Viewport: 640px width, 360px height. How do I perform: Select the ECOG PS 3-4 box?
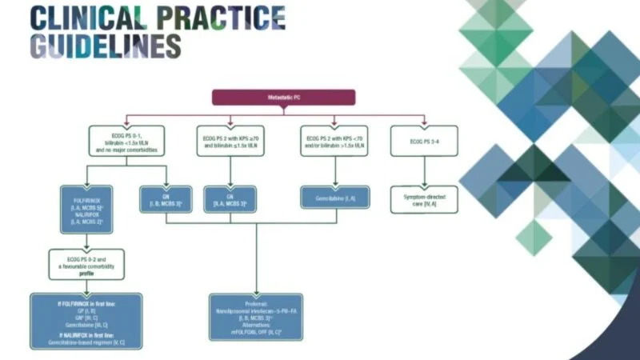pyautogui.click(x=423, y=141)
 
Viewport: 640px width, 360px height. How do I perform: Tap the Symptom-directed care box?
pyautogui.click(x=423, y=198)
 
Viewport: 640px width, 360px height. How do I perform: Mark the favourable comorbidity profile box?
pyautogui.click(x=86, y=265)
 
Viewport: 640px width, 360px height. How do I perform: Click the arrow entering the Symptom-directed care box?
pyautogui.click(x=423, y=181)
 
